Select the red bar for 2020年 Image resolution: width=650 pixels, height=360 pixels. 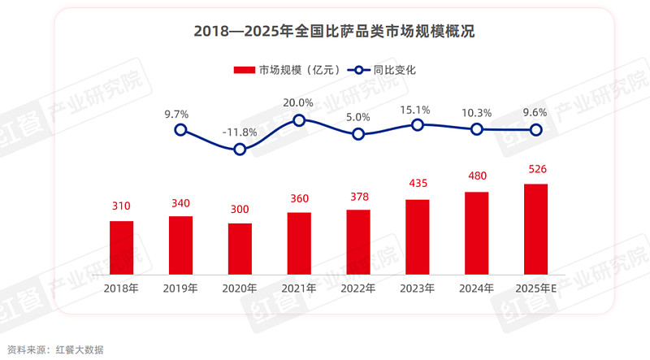point(240,248)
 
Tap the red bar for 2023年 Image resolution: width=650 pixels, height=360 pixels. point(417,236)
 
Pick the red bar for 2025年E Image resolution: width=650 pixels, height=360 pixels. point(535,228)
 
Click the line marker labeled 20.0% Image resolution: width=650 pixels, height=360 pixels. point(299,120)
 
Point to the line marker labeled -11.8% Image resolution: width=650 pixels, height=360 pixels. point(240,149)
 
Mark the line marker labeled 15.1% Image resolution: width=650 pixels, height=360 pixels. point(418,124)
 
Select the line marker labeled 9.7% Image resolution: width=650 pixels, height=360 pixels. point(181,129)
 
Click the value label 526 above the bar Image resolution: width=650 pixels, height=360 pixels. point(535,170)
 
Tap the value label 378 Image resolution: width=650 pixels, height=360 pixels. point(358,195)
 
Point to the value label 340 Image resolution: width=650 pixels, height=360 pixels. point(181,202)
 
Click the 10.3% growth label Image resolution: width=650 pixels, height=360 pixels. point(476,113)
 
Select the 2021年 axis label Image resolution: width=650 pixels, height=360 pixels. point(299,288)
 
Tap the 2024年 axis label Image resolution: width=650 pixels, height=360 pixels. point(476,288)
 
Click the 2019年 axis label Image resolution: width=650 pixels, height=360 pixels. point(181,288)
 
